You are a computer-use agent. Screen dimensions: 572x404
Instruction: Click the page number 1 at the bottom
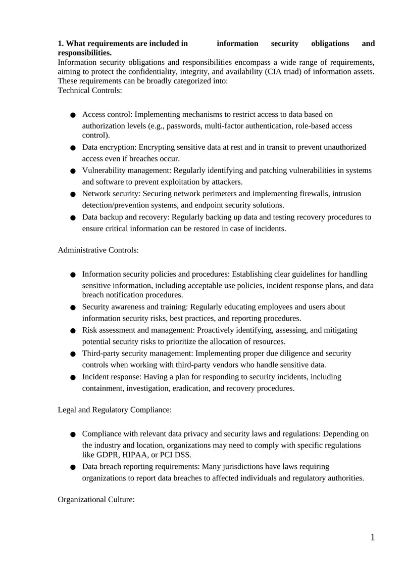click(x=373, y=538)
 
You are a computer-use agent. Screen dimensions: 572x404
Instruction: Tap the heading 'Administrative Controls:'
click(x=98, y=250)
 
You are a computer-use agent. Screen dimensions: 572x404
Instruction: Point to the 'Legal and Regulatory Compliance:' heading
click(x=115, y=410)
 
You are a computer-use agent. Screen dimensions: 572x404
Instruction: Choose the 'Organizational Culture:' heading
click(x=96, y=500)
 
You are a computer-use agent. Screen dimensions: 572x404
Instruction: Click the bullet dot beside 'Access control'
click(x=73, y=115)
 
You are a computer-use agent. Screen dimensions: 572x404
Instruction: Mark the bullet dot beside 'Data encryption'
click(x=73, y=148)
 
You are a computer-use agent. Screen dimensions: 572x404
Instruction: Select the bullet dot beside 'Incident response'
click(x=73, y=377)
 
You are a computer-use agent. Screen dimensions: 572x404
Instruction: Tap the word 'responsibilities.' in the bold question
click(x=85, y=53)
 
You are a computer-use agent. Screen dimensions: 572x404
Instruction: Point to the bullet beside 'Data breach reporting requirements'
click(x=73, y=467)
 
